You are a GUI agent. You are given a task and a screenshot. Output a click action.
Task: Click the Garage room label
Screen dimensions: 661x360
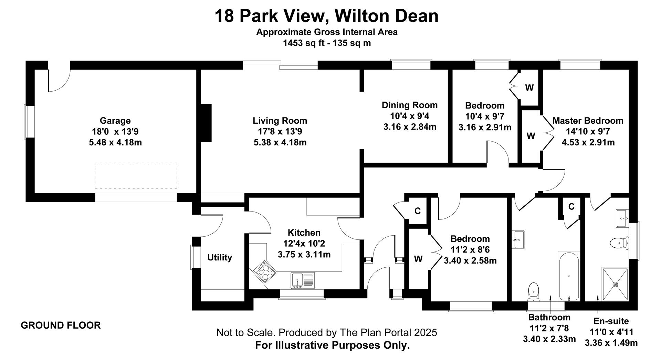click(115, 121)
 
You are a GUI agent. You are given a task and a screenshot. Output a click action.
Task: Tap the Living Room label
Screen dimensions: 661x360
click(280, 121)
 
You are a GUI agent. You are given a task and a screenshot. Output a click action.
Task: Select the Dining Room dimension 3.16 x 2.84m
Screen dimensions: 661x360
click(410, 127)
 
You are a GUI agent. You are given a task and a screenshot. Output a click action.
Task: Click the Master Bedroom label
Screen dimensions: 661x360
click(588, 121)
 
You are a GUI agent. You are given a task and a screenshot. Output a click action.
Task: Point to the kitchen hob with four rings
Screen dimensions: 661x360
click(265, 271)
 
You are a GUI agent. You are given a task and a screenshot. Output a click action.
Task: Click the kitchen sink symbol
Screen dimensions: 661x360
click(303, 280)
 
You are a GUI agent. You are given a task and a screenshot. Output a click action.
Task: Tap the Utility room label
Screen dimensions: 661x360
click(220, 257)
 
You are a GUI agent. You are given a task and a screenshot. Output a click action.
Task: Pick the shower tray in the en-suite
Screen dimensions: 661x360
click(615, 284)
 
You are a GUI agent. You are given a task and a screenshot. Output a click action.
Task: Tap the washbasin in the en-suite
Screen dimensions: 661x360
click(622, 218)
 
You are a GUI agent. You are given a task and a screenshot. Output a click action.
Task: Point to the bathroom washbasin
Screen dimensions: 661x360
click(518, 239)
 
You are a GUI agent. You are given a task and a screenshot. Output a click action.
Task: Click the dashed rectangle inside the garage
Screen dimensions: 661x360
click(136, 175)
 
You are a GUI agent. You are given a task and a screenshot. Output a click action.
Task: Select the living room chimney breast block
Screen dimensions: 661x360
click(206, 123)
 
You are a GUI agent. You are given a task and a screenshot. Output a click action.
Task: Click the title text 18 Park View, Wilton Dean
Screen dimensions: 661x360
click(327, 16)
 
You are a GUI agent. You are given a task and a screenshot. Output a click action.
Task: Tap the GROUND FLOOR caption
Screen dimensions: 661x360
click(61, 325)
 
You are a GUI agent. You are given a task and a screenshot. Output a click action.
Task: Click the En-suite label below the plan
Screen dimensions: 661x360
click(611, 321)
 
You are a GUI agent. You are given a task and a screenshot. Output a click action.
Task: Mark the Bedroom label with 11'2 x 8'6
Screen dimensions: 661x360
click(470, 239)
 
